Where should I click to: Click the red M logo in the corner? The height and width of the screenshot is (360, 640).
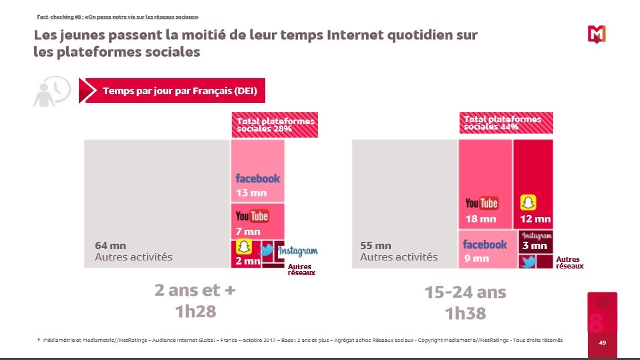pyautogui.click(x=597, y=34)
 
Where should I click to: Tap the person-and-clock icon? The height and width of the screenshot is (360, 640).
pyautogui.click(x=51, y=92)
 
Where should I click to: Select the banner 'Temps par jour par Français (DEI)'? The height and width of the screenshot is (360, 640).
pyautogui.click(x=180, y=91)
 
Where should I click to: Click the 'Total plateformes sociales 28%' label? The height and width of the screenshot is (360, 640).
pyautogui.click(x=275, y=125)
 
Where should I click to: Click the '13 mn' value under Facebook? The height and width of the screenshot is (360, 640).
pyautogui.click(x=251, y=193)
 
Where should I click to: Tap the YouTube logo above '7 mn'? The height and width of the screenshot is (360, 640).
pyautogui.click(x=252, y=216)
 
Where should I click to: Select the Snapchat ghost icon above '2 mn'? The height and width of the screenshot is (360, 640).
pyautogui.click(x=245, y=247)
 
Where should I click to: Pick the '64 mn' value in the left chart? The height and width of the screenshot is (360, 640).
pyautogui.click(x=110, y=246)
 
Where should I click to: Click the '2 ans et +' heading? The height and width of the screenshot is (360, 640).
pyautogui.click(x=195, y=291)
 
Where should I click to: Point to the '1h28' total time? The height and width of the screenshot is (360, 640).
pyautogui.click(x=195, y=312)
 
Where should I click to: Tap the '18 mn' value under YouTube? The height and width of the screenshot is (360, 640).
pyautogui.click(x=481, y=219)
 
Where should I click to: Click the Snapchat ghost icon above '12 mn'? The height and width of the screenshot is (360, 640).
pyautogui.click(x=529, y=202)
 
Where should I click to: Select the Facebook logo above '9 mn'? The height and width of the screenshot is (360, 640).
pyautogui.click(x=484, y=244)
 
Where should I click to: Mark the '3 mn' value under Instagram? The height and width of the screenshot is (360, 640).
pyautogui.click(x=535, y=246)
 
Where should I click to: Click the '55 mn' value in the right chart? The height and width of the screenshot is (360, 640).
pyautogui.click(x=375, y=246)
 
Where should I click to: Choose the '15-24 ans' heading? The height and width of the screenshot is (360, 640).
pyautogui.click(x=465, y=292)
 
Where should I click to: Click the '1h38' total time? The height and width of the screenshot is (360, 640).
pyautogui.click(x=465, y=313)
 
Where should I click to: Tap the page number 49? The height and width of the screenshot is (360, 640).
pyautogui.click(x=602, y=343)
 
